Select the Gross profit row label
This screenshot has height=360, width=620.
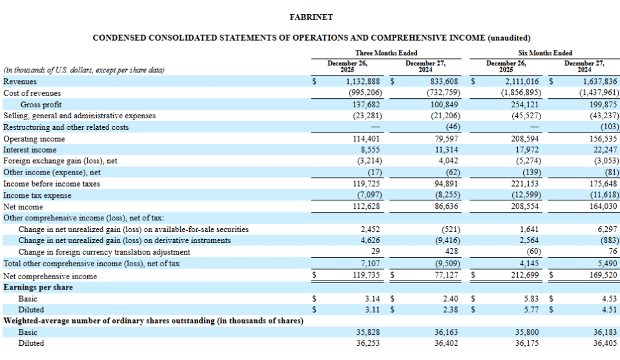(41, 105)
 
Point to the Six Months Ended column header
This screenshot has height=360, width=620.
(545, 53)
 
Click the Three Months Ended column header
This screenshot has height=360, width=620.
(386, 53)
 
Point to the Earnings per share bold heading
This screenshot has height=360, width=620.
(38, 288)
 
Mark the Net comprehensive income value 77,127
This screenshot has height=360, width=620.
(445, 276)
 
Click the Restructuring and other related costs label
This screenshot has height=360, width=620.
(66, 127)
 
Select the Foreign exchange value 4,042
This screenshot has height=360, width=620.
(448, 161)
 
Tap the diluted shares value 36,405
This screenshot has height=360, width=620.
(605, 344)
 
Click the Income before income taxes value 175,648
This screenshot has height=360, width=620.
(602, 184)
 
